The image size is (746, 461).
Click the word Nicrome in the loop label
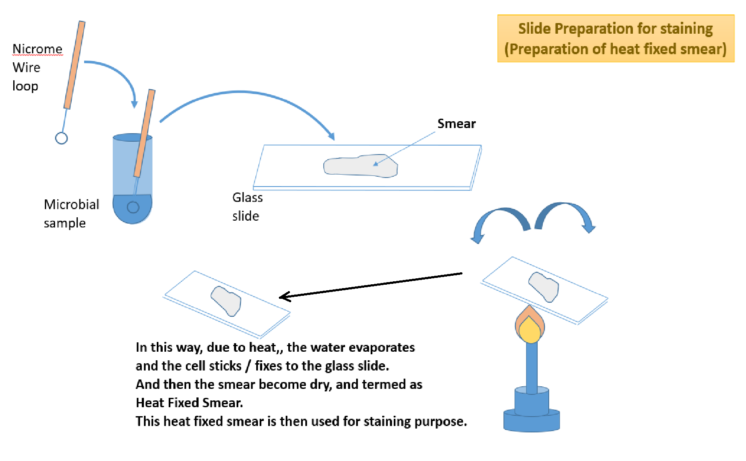[x=38, y=49]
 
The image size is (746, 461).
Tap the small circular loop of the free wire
[x=61, y=138]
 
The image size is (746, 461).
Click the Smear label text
[x=456, y=124]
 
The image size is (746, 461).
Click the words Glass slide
[x=247, y=207]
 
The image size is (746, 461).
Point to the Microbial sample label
[x=71, y=213]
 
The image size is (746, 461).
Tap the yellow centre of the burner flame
[x=530, y=331]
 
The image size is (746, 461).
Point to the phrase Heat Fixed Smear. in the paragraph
[x=189, y=403]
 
